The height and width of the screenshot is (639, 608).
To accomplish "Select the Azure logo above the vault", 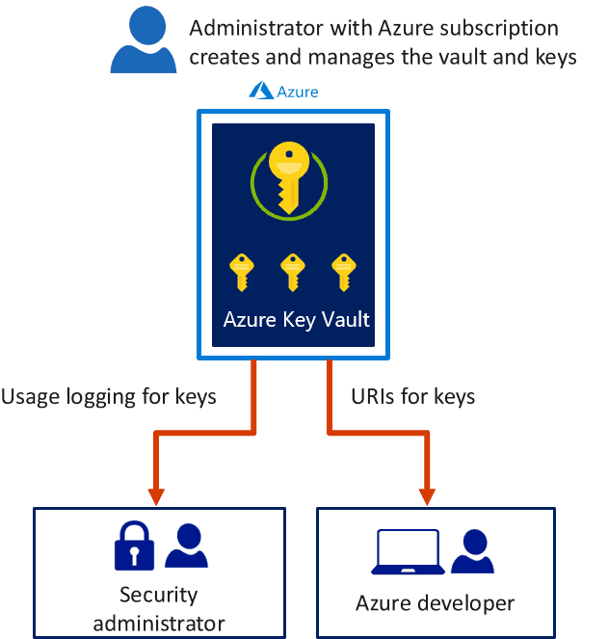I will pos(283,92).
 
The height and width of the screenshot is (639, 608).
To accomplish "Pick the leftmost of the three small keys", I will pos(240,272).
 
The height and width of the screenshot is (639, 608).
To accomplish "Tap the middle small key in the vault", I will pos(292,272).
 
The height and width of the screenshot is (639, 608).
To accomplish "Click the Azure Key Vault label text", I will pos(296,319).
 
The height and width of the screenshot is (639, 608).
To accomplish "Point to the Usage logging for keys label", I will pos(109,396).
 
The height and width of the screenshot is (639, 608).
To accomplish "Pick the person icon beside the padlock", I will pos(186,546).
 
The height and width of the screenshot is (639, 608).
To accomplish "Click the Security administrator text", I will pos(158,608).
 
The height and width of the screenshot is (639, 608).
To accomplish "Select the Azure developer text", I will pos(435,603).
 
